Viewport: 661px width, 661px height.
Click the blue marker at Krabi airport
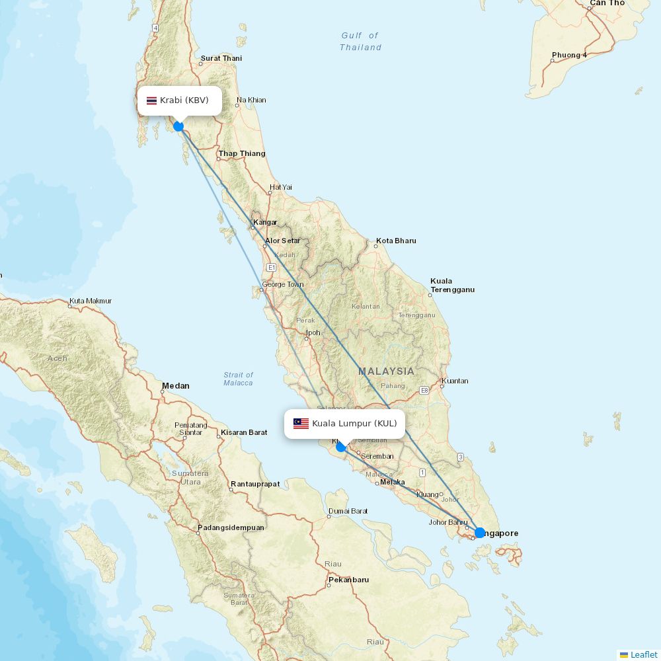point(178,126)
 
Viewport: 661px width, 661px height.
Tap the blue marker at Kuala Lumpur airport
point(340,447)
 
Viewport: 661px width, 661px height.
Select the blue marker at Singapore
point(480,532)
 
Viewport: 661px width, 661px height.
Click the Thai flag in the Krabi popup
point(151,100)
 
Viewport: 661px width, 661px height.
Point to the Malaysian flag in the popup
point(301,424)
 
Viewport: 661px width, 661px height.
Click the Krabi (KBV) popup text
point(184,100)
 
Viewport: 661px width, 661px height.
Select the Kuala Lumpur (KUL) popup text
point(354,424)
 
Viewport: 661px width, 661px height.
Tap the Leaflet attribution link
point(643,654)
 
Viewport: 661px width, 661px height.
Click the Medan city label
point(176,386)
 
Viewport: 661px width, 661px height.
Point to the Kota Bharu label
point(396,241)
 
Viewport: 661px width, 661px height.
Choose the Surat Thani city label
point(221,58)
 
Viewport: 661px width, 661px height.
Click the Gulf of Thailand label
point(361,42)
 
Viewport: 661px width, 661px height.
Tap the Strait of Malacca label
point(238,379)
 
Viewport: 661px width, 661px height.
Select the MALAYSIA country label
point(387,371)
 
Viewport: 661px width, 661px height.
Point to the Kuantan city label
point(455,381)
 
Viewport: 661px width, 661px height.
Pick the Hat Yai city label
point(280,187)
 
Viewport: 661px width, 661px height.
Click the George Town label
point(282,285)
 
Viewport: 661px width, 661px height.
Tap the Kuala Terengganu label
point(452,286)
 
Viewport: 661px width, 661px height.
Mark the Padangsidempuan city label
point(231,527)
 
